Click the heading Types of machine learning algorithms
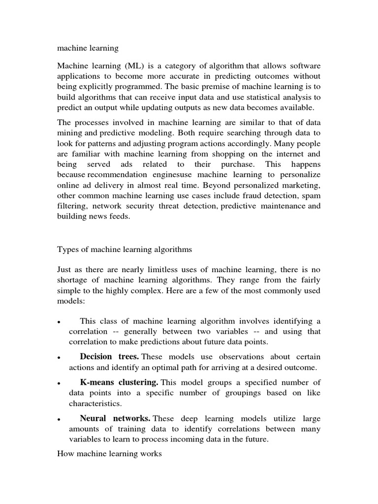point(125,250)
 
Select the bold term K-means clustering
point(119,382)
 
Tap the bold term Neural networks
point(115,418)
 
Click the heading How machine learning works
point(109,453)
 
